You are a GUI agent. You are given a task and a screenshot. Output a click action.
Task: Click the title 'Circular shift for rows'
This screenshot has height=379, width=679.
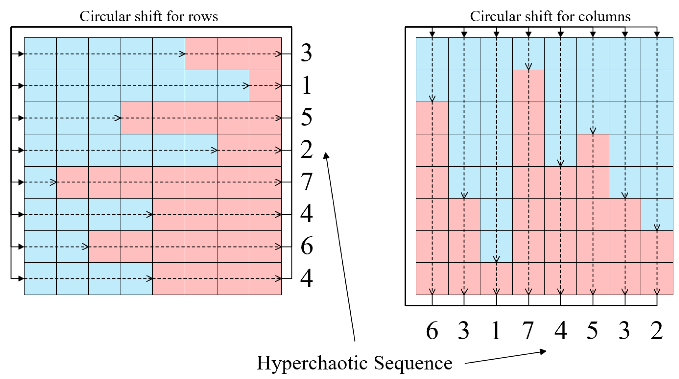(149, 17)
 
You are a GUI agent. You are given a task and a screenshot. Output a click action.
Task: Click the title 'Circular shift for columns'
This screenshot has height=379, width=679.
(550, 17)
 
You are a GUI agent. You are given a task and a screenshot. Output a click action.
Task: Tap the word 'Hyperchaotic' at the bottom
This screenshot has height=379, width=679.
(312, 363)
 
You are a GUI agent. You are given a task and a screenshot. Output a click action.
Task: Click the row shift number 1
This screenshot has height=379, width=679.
(306, 85)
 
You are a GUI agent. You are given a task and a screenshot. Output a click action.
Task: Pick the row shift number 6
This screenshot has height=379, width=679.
(306, 246)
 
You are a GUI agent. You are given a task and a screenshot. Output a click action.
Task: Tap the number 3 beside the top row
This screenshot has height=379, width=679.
(306, 53)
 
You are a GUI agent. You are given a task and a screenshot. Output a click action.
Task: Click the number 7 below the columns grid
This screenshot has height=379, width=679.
(528, 330)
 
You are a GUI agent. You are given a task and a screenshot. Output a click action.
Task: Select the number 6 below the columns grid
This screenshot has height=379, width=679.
(432, 330)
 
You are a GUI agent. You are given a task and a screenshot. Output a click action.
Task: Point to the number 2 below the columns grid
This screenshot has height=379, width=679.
(657, 330)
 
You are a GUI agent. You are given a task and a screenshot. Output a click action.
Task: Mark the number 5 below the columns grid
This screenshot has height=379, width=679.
(592, 330)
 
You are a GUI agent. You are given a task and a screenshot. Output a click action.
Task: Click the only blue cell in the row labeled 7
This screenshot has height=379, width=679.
(40, 182)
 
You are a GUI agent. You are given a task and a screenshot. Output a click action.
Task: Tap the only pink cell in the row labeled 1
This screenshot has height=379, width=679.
(265, 86)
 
